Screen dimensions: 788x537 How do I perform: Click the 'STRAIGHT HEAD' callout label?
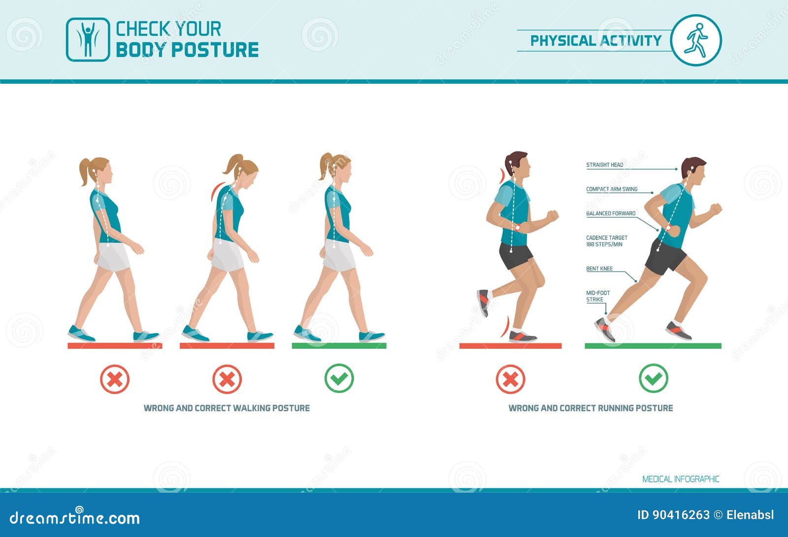pos(604,165)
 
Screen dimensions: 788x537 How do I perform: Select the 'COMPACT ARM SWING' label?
pos(612,189)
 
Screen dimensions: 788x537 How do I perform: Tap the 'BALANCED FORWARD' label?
pos(611,213)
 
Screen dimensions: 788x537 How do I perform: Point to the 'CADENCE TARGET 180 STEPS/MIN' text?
pos(606,241)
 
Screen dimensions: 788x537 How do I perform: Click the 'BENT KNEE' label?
pos(599,268)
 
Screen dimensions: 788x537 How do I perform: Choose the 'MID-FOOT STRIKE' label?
pos(598,296)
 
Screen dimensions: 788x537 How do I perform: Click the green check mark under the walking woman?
pos(339,378)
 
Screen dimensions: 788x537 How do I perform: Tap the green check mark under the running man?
pos(653,378)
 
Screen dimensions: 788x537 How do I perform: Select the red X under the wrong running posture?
pos(510,379)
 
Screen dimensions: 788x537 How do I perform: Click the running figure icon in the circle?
pos(695,40)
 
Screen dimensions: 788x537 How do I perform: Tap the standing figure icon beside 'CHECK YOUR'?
pos(88,39)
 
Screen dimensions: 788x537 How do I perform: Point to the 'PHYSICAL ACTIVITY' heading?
pos(596,40)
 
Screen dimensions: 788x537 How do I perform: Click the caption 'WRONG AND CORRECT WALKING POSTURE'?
pos(227,408)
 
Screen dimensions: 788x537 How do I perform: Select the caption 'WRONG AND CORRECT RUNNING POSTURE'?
pos(591,408)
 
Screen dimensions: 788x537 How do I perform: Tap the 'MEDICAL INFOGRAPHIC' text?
pos(681,479)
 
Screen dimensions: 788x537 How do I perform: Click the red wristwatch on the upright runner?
pos(518,227)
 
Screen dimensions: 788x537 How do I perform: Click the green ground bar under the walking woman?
pos(339,345)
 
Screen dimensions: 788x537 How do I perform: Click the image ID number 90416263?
pos(681,515)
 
